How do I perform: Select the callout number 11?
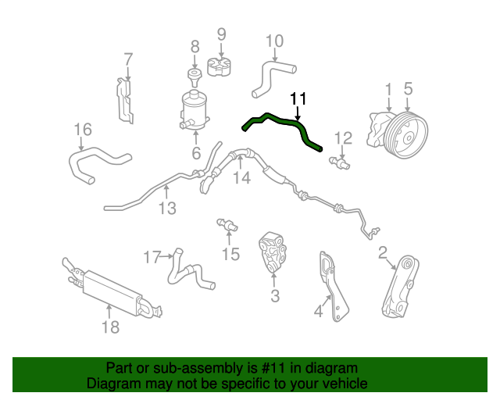298,98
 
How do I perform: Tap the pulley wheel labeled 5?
406,136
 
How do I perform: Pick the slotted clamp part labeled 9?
220,66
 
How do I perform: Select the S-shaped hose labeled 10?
273,79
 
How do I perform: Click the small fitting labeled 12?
340,162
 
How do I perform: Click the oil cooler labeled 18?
113,290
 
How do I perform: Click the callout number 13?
167,208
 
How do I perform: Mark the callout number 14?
242,177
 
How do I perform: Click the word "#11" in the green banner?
273,368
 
